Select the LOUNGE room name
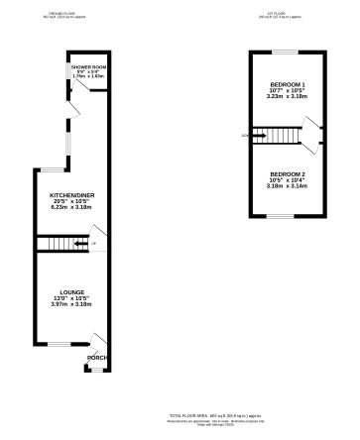tap(70, 292)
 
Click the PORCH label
tap(96, 358)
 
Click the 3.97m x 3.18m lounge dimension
tap(70, 304)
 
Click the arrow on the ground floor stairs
tap(76, 243)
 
